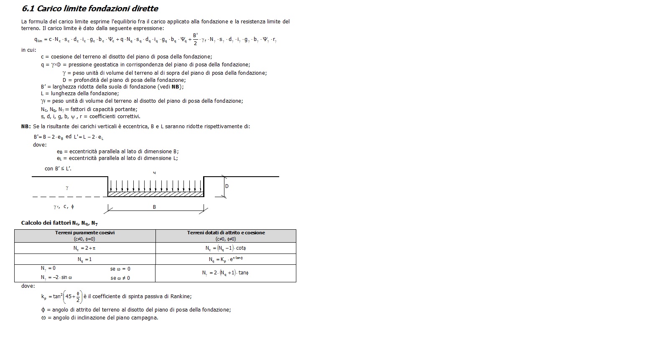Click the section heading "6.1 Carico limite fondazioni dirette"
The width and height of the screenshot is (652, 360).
[x=90, y=9]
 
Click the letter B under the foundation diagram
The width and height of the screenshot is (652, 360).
[x=154, y=207]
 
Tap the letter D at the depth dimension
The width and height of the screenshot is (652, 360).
[x=227, y=186]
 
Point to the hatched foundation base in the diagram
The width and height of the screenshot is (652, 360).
[x=155, y=194]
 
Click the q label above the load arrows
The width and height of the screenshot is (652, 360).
[x=155, y=172]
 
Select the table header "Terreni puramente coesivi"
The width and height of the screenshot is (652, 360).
[x=85, y=233]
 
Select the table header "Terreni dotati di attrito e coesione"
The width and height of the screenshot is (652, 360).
[x=226, y=233]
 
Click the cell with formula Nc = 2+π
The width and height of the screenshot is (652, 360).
[x=84, y=248]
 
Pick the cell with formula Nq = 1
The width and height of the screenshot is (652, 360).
[x=84, y=259]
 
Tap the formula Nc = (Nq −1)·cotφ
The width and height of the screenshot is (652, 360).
[x=226, y=248]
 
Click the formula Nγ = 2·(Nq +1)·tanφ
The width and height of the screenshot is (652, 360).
[x=226, y=273]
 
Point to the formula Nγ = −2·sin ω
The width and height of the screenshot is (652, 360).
[x=57, y=278]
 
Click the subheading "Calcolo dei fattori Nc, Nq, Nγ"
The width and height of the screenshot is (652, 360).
[x=59, y=223]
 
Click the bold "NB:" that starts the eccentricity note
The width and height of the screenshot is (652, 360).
[x=26, y=127]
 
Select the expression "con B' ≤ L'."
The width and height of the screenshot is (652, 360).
[x=58, y=169]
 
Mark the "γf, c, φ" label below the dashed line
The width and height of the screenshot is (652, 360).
[x=64, y=207]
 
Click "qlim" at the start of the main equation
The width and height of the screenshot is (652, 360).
[x=38, y=40]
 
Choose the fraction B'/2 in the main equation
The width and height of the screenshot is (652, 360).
[x=195, y=39]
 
